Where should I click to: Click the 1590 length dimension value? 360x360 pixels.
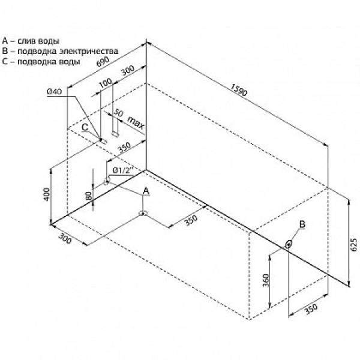pos(239,90)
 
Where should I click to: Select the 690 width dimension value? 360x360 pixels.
pos(103,62)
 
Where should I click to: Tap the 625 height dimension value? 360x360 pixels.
pos(354,245)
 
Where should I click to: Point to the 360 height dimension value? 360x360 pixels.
pos(266,280)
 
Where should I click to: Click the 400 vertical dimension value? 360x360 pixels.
pos(46,194)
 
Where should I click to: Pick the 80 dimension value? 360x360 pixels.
pos(89,196)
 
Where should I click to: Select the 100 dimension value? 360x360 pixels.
pos(106,83)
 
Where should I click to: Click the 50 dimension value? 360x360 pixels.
pos(118,113)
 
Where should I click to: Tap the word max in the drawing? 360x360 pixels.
pos(136,122)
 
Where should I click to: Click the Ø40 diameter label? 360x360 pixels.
pos(55,92)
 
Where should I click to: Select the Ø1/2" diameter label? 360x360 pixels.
pos(123,170)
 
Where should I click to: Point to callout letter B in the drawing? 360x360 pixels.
pos(302,224)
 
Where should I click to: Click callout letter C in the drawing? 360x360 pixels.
pos(85,127)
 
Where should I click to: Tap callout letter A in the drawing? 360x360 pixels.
pos(146,191)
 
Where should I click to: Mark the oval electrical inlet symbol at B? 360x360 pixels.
pos(289,244)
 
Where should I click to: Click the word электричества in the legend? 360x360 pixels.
pos(89,51)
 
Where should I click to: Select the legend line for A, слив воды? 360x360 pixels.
pos(31,41)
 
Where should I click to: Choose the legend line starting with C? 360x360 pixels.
pos(41,62)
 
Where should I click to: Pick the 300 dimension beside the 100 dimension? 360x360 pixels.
pos(128,70)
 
